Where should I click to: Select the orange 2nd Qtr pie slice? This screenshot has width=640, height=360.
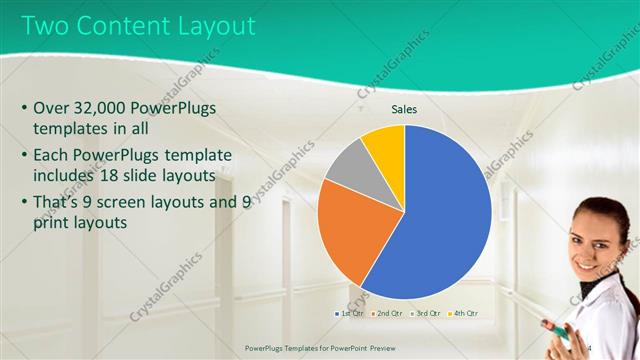tap(355, 235)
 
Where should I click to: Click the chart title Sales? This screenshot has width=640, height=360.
tap(404, 110)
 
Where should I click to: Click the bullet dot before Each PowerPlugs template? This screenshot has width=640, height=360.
tap(23, 156)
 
